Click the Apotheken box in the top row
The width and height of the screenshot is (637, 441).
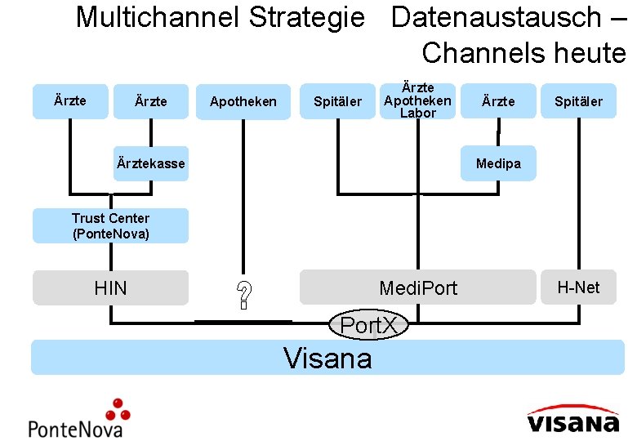click(243, 102)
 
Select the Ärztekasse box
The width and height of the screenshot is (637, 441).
click(151, 164)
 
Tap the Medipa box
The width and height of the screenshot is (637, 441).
click(498, 164)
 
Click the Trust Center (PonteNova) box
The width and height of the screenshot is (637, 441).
click(110, 226)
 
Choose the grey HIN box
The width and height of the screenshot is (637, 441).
click(110, 287)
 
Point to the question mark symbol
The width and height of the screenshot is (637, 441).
click(243, 295)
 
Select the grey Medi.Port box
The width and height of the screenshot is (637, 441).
click(418, 287)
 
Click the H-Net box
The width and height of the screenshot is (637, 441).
click(578, 287)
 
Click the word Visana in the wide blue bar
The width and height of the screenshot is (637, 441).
click(327, 358)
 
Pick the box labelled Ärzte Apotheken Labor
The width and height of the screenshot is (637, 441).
click(417, 100)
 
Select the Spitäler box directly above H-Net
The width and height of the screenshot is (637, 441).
click(578, 101)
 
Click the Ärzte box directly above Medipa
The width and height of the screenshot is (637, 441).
click(498, 101)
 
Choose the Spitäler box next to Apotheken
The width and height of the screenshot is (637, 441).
click(337, 102)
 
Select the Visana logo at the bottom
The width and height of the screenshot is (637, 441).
click(572, 418)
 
